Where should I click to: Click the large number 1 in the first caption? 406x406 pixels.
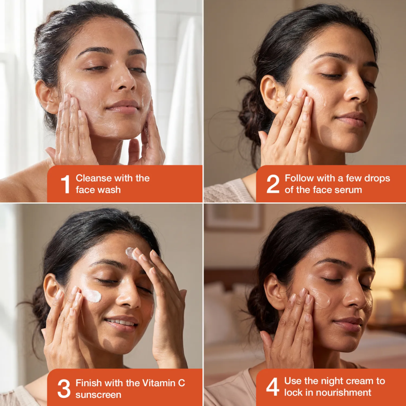pos(66,184)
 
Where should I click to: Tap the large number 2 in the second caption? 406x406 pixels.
pos(273,184)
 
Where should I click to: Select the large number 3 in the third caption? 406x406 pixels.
pos(64,388)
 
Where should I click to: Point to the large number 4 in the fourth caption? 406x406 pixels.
pos(273,387)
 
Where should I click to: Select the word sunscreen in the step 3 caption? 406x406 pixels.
pos(98,395)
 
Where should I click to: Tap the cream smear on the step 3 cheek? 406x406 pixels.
pos(91,296)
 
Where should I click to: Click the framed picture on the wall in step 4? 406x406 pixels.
pos(234,217)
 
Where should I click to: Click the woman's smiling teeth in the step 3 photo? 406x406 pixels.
pos(120,322)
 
